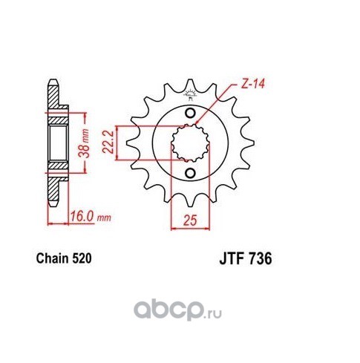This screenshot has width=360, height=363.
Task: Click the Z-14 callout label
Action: click(253, 84)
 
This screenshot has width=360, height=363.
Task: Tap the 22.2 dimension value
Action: click(108, 142)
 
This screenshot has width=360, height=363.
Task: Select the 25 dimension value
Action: click(190, 220)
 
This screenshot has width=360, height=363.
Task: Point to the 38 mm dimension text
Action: click(84, 143)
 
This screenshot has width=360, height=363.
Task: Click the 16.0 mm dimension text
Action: click(91, 217)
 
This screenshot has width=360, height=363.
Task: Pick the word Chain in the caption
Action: click(52, 258)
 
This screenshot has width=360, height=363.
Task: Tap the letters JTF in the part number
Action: click(232, 259)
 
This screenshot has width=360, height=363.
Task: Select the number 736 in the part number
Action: click(260, 259)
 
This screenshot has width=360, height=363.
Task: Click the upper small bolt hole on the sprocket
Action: click(190, 114)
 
